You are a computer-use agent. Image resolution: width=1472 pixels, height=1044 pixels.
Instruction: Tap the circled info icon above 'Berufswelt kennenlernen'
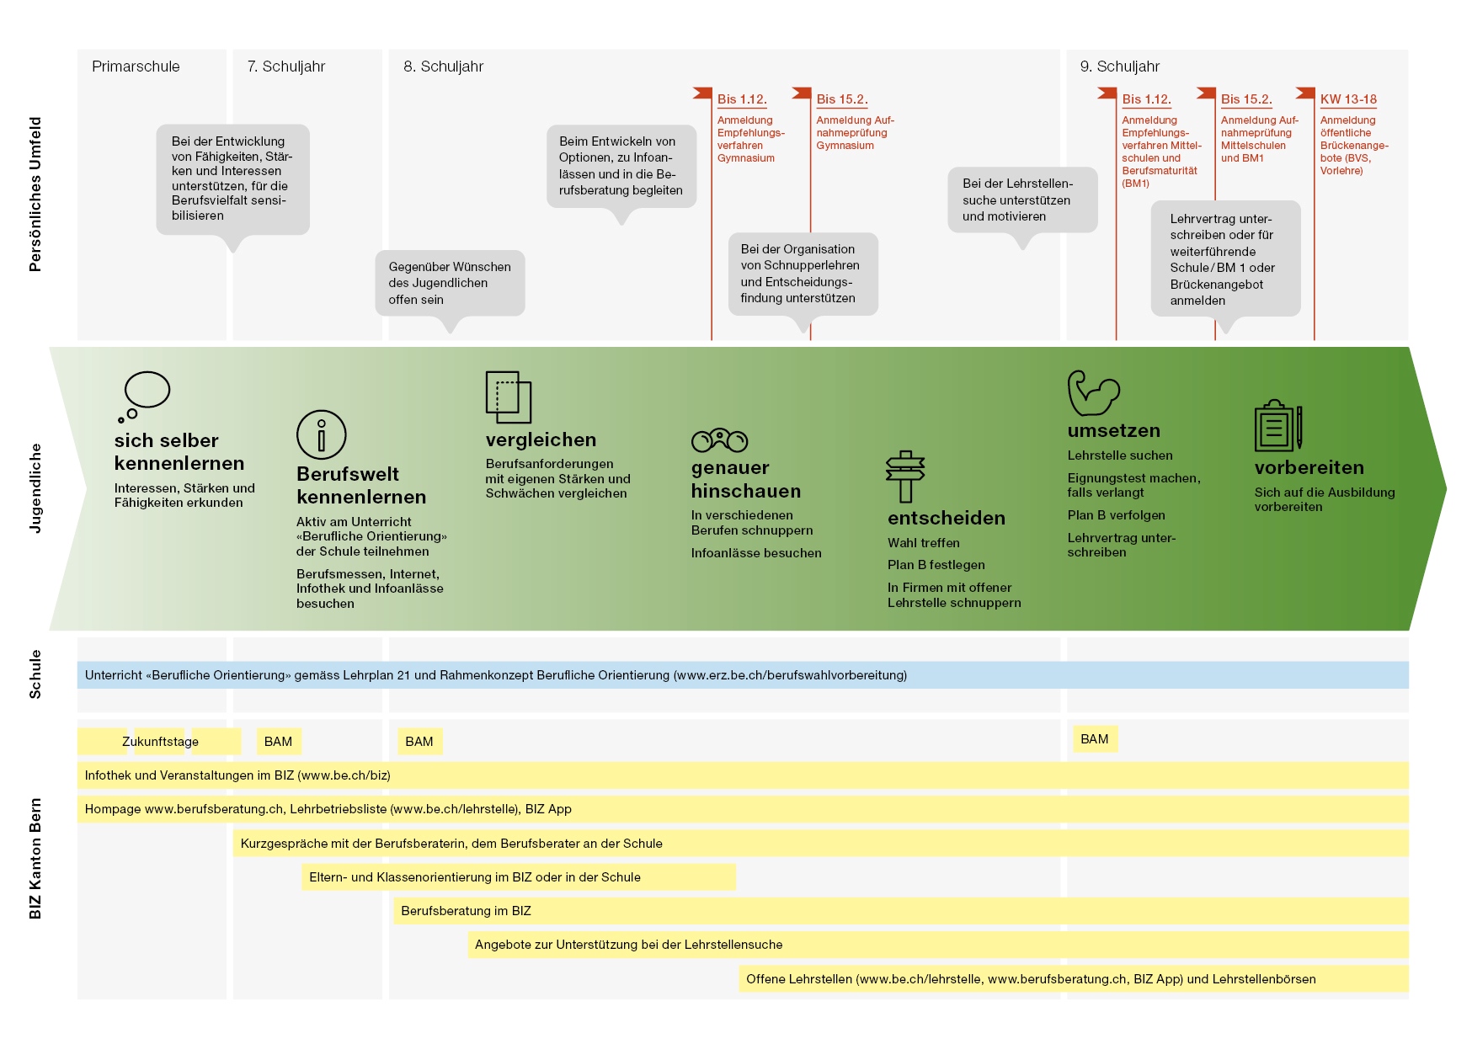[x=321, y=434]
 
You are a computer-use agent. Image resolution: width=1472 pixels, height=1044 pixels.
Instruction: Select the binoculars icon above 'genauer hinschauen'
[x=719, y=439]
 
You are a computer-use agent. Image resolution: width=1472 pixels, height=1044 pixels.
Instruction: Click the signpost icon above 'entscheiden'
[x=905, y=476]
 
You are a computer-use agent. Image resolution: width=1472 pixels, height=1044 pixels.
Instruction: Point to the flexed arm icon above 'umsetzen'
[x=1093, y=393]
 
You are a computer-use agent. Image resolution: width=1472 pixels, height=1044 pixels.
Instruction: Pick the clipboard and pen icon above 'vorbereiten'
[x=1278, y=425]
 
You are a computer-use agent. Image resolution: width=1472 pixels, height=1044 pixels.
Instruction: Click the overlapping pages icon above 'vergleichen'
[x=508, y=397]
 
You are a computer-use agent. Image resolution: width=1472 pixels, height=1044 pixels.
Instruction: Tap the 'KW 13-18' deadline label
[x=1348, y=99]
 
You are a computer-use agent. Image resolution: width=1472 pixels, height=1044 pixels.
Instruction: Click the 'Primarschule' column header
[x=136, y=67]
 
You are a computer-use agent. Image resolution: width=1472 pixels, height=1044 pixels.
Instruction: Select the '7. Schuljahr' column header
[x=286, y=67]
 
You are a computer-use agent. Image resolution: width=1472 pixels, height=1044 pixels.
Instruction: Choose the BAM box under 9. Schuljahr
[x=1095, y=739]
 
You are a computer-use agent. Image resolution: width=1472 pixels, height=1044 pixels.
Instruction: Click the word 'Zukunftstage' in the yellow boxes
[x=160, y=742]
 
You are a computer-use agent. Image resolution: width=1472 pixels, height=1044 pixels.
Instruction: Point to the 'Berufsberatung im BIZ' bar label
[x=466, y=911]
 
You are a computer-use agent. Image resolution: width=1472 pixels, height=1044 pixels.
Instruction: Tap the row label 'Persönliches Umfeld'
[x=35, y=194]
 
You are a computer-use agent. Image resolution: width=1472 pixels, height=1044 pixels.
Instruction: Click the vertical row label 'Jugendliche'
[x=35, y=488]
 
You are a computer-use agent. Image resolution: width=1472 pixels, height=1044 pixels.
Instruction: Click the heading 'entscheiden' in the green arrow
[x=947, y=518]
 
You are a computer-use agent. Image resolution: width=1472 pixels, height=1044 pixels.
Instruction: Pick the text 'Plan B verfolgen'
[x=1117, y=515]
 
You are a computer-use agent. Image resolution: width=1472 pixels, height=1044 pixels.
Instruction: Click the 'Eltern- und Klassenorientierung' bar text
[x=475, y=877]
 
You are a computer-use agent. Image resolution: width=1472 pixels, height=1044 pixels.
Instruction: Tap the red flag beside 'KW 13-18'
[x=1305, y=93]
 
